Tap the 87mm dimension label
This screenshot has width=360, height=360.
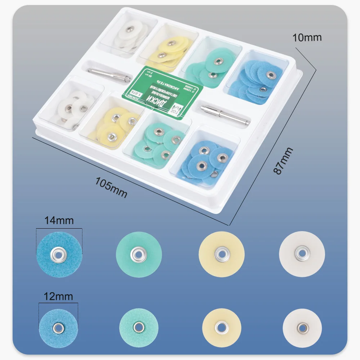(x=283, y=161)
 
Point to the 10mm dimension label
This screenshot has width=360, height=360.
(x=306, y=37)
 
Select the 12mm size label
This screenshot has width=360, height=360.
(x=59, y=297)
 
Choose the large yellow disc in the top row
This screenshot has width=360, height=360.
(x=222, y=254)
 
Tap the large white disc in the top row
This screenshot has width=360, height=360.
(x=302, y=254)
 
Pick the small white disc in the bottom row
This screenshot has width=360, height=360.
(x=302, y=327)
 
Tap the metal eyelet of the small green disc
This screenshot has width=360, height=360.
(x=139, y=327)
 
